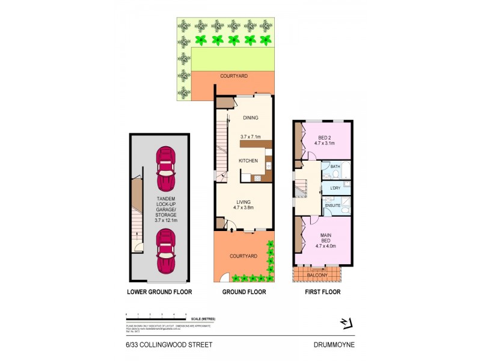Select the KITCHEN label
(x=248, y=161)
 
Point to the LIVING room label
(x=244, y=202)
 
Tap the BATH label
(x=335, y=167)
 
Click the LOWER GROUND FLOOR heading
(x=159, y=292)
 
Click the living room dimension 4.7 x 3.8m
(x=244, y=208)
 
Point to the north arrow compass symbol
(x=345, y=323)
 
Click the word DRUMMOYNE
(x=334, y=345)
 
